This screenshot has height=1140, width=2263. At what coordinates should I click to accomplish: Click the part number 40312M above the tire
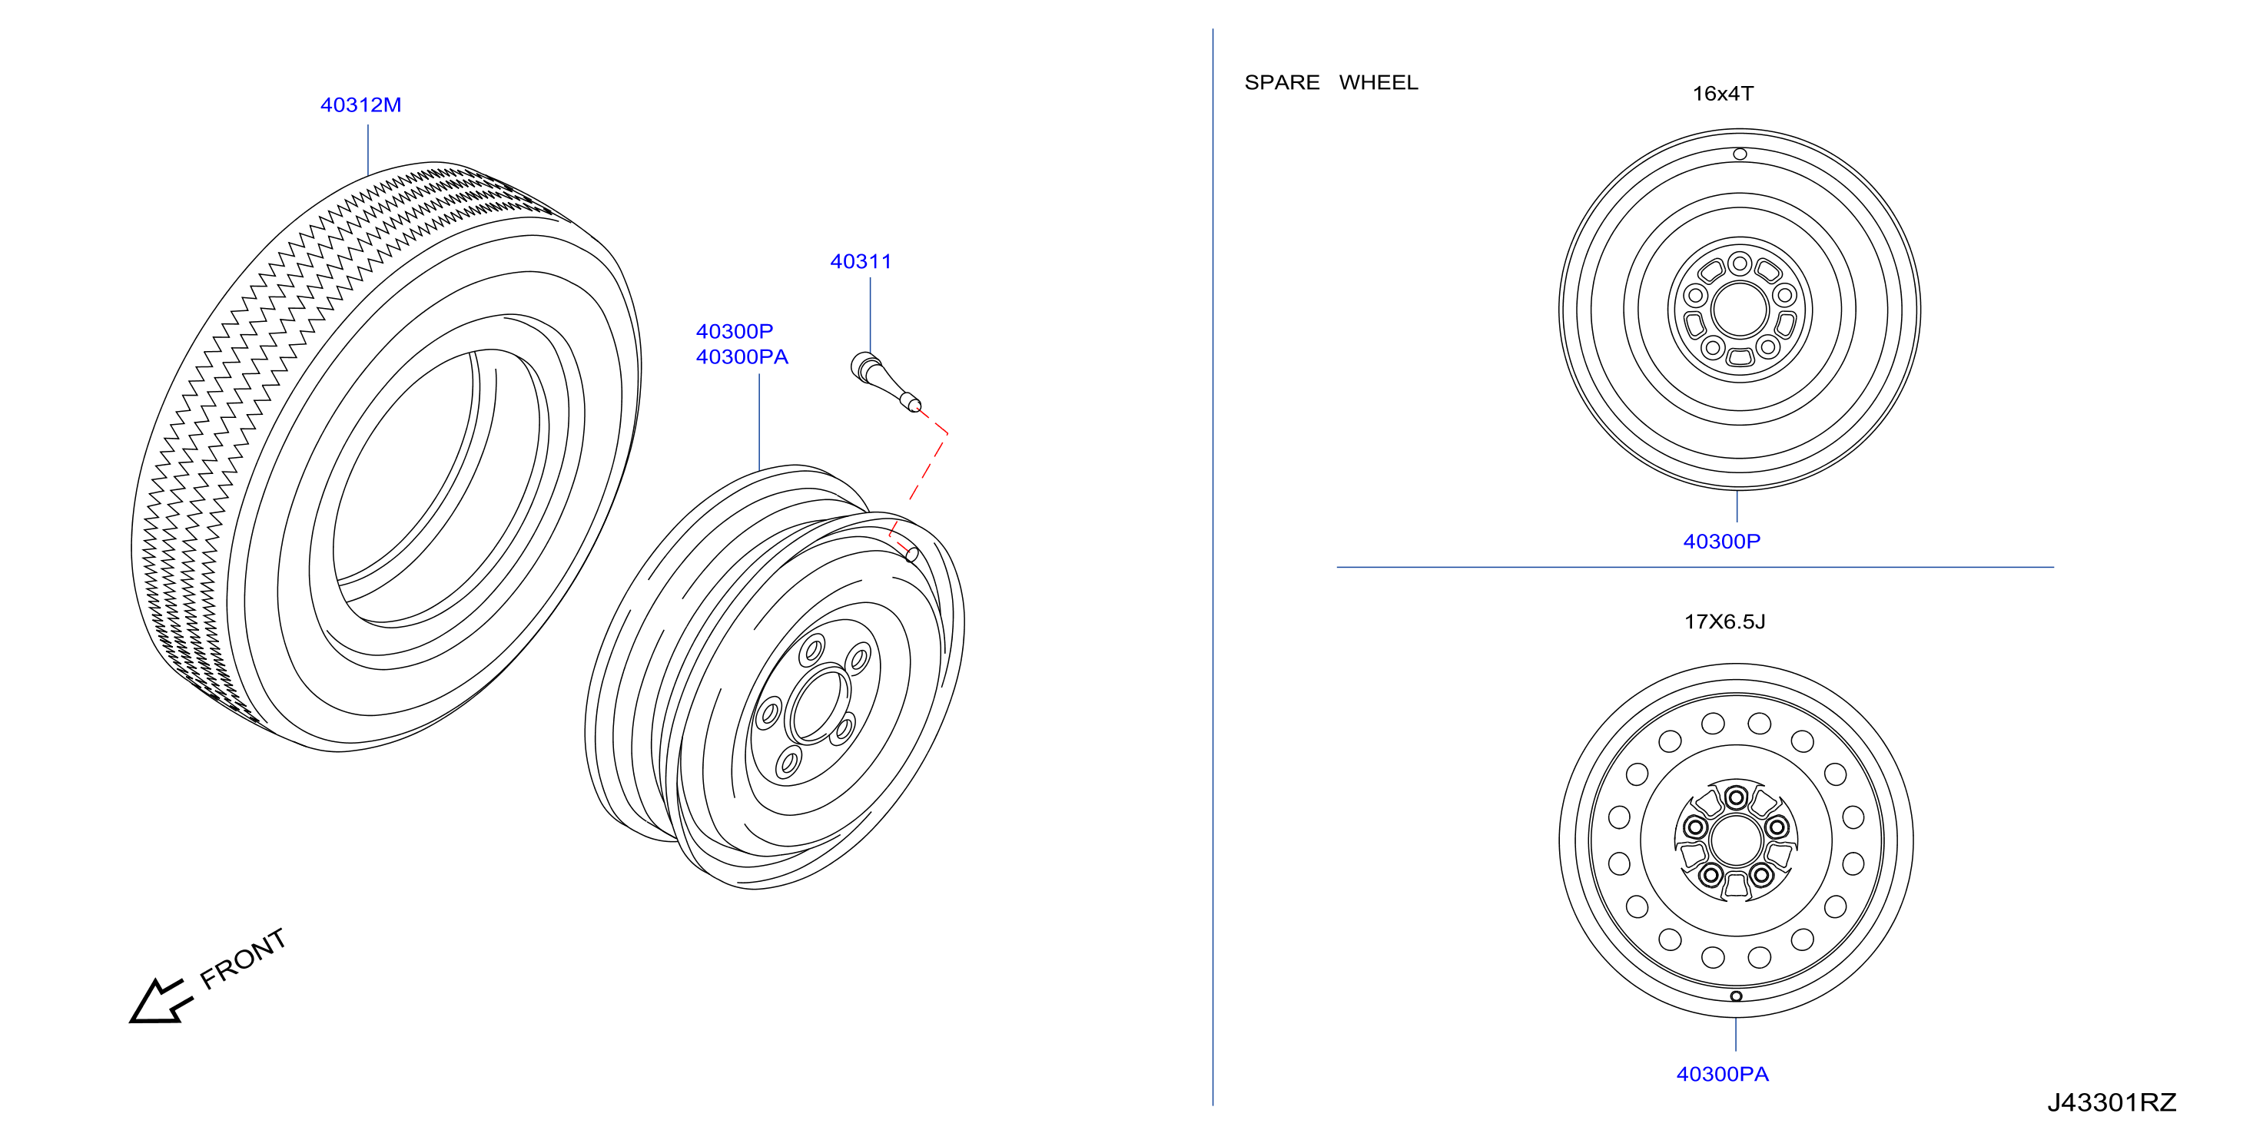click(360, 104)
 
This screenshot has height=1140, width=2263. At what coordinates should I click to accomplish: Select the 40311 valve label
click(861, 261)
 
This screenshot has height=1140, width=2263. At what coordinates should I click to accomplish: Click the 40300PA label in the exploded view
click(742, 356)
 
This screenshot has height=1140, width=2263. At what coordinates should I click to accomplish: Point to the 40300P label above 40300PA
click(735, 331)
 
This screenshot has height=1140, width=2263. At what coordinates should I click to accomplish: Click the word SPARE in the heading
click(1282, 82)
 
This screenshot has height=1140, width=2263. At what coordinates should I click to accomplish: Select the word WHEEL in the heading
click(1379, 82)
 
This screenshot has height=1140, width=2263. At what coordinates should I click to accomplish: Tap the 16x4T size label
click(1723, 93)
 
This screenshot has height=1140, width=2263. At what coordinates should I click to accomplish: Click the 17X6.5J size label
click(1724, 621)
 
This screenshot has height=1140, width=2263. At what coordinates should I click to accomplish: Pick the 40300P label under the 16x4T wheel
click(1722, 541)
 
